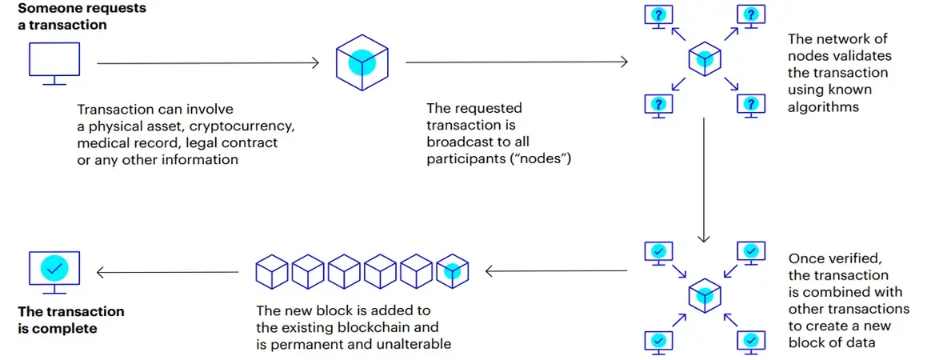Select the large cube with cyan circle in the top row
[362, 62]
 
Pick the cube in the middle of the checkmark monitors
[704, 295]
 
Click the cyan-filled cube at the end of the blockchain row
[452, 271]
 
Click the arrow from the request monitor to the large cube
[209, 62]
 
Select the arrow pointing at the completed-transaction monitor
[167, 272]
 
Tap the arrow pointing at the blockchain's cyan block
[557, 271]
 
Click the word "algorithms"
[824, 107]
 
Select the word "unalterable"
[418, 344]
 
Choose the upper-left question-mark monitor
[657, 16]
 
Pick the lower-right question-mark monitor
[751, 106]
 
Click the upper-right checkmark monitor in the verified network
[751, 251]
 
